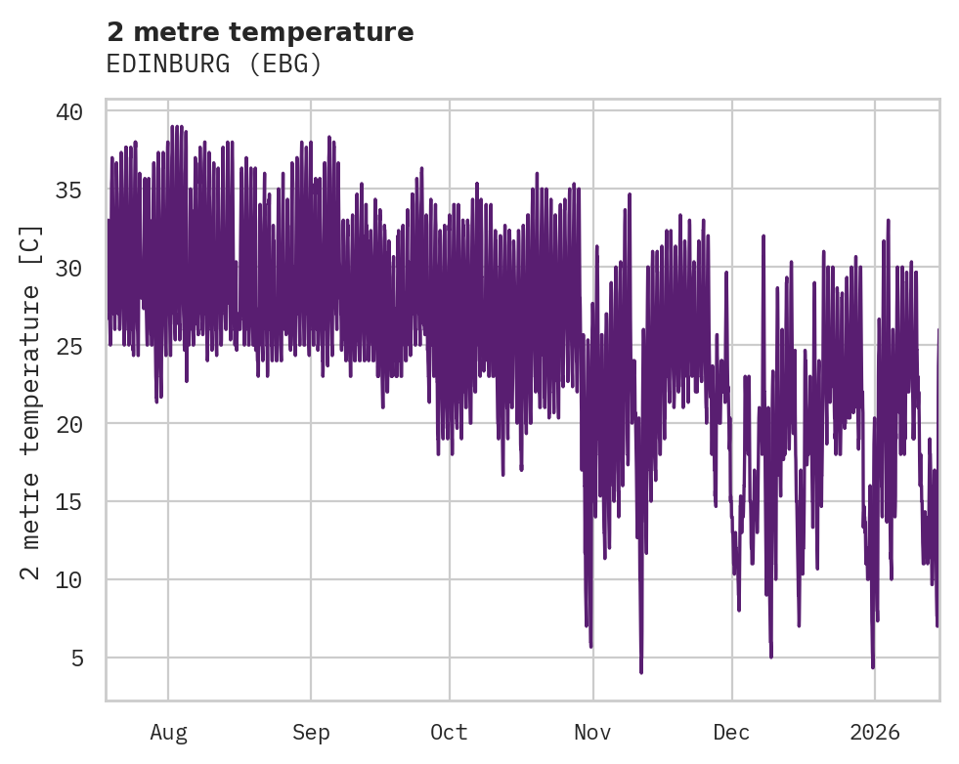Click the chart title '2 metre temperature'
click(x=260, y=32)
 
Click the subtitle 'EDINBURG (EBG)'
click(x=214, y=64)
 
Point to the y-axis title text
click(x=31, y=402)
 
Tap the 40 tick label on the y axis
click(x=68, y=111)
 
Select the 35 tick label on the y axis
click(x=68, y=190)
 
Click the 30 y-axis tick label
click(x=68, y=268)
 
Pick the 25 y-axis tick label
click(x=68, y=346)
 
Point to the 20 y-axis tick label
click(x=68, y=424)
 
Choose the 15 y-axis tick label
click(x=68, y=502)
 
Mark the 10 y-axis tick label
click(x=68, y=580)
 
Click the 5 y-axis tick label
click(x=75, y=658)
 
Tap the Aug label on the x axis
click(x=168, y=733)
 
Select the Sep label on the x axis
click(x=311, y=733)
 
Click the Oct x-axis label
click(x=450, y=733)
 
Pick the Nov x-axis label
click(x=592, y=733)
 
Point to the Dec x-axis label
click(x=732, y=733)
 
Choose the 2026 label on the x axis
click(x=875, y=733)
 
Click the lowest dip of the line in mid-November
click(x=641, y=672)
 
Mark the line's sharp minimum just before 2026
click(x=873, y=667)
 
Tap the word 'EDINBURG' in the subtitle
click(x=170, y=64)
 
